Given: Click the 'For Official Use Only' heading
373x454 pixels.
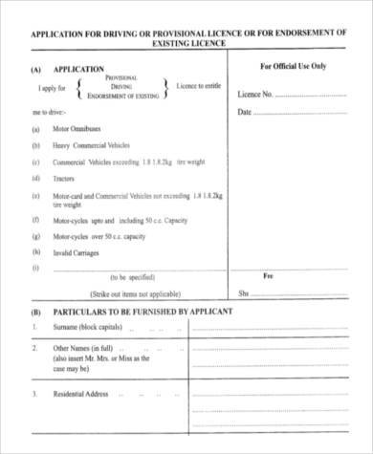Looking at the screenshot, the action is coord(293,67).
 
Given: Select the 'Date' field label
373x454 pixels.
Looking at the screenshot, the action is coord(244,112).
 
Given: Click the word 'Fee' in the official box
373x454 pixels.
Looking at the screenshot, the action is coord(268,276).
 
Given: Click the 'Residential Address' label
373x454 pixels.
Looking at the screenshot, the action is coord(81,394).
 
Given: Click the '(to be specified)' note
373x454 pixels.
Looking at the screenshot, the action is coord(134,277).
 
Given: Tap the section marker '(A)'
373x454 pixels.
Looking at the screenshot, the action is coord(36,70).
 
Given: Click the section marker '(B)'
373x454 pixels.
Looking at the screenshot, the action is coord(36,313).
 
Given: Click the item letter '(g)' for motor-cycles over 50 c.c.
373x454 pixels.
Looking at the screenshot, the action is coord(36,236).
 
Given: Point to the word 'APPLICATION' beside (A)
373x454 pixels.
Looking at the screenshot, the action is coord(78,70).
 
